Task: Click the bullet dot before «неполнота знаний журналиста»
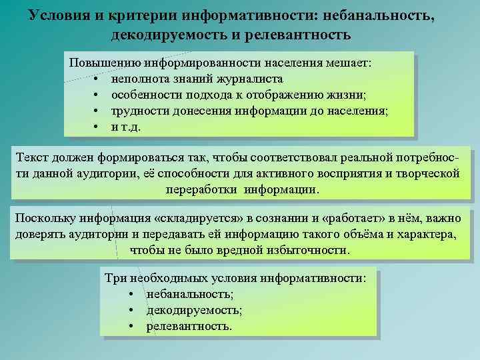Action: pos(97,79)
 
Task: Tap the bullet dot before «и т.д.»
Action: pos(97,127)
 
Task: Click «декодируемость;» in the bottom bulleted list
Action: pos(194,310)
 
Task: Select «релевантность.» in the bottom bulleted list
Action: pos(190,326)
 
